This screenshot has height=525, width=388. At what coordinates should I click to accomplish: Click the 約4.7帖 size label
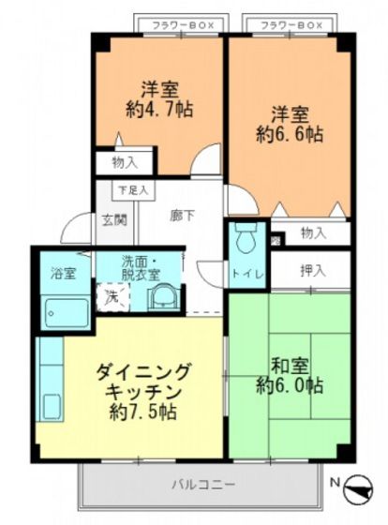tap(161, 109)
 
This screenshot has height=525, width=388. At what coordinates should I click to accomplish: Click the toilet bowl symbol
tap(247, 241)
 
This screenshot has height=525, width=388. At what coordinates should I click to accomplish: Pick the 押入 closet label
tap(313, 271)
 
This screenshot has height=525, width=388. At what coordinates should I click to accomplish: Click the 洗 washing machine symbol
tap(112, 297)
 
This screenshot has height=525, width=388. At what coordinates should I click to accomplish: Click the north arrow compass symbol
tap(359, 487)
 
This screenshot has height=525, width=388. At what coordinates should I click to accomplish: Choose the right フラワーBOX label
tap(292, 23)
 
